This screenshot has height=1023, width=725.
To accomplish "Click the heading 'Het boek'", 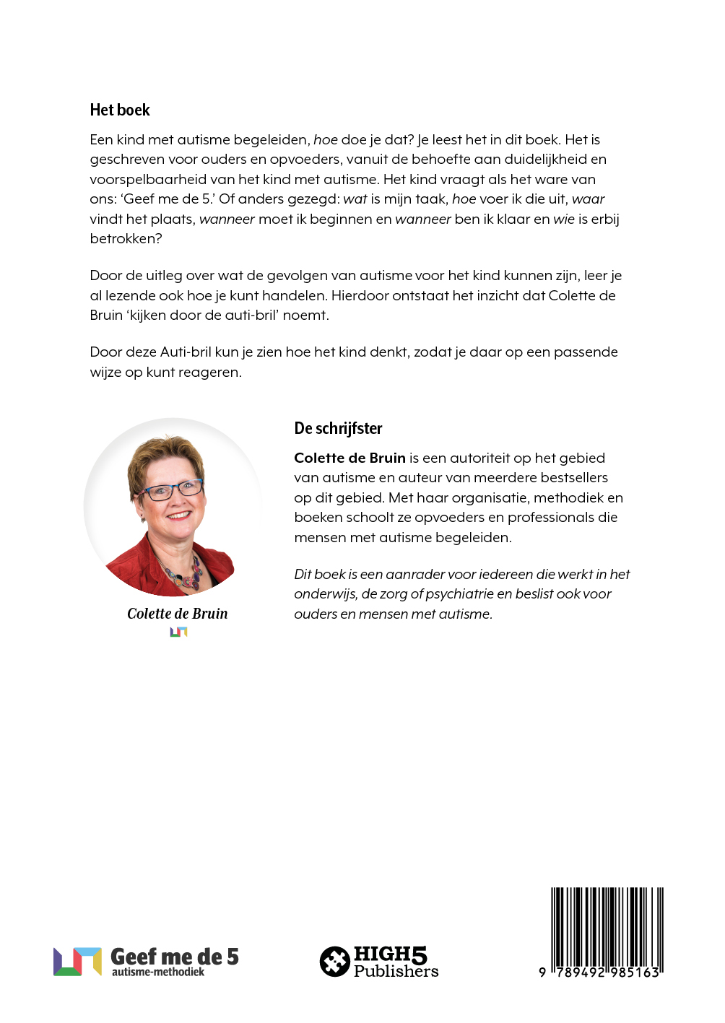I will (120, 110).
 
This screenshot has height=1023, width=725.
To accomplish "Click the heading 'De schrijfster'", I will (338, 428).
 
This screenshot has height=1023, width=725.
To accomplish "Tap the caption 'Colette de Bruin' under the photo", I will (178, 614).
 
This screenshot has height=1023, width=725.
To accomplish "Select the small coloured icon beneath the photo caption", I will (178, 632).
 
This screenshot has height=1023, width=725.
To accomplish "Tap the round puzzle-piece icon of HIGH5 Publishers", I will (335, 961).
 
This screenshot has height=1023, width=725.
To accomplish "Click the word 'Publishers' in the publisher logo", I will (396, 971).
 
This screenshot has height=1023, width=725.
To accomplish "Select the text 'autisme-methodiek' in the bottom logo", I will (158, 972).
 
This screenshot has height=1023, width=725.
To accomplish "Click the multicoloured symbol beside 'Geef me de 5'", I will (77, 961).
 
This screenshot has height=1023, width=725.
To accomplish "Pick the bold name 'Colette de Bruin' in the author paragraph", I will (350, 458).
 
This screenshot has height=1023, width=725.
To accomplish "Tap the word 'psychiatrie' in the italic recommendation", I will (459, 593).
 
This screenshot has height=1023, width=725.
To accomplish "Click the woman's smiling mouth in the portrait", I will (178, 516).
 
